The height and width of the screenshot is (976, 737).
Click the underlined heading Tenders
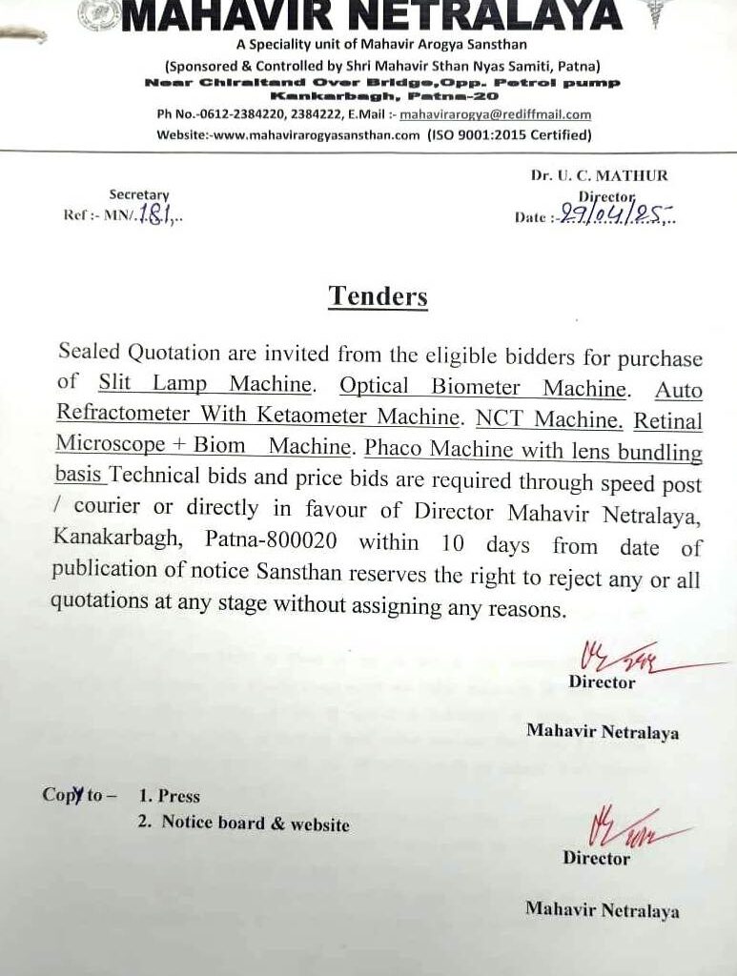click(378, 295)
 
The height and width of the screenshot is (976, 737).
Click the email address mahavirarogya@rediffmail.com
click(495, 114)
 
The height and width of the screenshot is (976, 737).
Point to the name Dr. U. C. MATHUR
click(599, 175)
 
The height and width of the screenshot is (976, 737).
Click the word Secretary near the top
click(138, 194)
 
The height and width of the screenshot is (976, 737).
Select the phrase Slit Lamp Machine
click(205, 384)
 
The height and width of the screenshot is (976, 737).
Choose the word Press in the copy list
click(179, 796)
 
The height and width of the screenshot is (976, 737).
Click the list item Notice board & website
click(255, 823)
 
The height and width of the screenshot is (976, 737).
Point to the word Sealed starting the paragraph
click(90, 351)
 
